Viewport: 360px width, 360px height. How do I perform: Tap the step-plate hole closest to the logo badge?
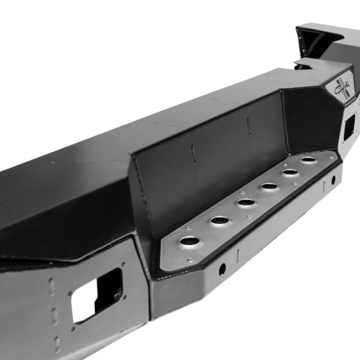click(x=308, y=160)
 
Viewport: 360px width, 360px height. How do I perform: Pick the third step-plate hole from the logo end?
click(x=269, y=187)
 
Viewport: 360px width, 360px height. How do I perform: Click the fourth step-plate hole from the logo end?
click(x=246, y=203)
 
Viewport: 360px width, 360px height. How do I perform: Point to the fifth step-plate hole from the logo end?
click(x=220, y=220)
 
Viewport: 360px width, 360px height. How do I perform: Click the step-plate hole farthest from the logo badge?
click(x=190, y=241)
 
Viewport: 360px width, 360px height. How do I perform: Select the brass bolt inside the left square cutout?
click(x=118, y=293)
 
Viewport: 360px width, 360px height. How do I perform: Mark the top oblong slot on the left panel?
click(x=51, y=287)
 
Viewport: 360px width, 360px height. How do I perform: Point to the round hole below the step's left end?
click(x=222, y=269)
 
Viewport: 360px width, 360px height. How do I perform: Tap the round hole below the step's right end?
click(x=334, y=180)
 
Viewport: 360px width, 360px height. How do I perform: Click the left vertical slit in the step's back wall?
click(x=193, y=153)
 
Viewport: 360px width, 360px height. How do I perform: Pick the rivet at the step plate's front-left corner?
click(x=190, y=260)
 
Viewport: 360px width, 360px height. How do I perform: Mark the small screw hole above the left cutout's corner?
click(x=124, y=264)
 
